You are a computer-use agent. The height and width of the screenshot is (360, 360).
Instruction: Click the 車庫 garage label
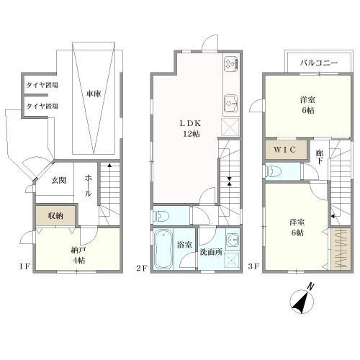tap(94, 94)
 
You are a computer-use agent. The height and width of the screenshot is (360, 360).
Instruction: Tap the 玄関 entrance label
tap(59, 180)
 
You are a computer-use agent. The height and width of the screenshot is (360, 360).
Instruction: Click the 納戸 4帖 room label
tap(78, 256)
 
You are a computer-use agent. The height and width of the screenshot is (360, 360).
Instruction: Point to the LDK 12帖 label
tap(191, 128)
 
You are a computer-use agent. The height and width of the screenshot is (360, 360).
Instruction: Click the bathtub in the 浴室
tap(163, 249)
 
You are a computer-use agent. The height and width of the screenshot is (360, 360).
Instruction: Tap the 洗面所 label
tap(211, 252)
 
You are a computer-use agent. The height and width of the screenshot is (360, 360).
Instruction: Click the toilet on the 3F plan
tap(273, 171)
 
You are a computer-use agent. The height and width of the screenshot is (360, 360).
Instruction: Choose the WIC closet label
tap(284, 150)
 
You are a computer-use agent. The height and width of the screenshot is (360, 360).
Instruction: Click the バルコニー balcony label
tap(319, 63)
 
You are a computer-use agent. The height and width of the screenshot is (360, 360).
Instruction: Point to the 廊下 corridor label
tap(319, 157)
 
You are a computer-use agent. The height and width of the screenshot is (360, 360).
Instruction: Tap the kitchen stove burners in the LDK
tap(231, 63)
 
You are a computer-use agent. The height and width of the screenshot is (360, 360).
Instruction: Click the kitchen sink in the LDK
tap(231, 103)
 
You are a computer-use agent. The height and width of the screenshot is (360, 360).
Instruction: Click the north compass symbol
tap(302, 300)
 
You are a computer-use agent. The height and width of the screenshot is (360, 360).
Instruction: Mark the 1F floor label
tap(24, 266)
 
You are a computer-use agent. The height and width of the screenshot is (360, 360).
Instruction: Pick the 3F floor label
tap(253, 266)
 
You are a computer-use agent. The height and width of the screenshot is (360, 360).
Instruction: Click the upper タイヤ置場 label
tap(42, 85)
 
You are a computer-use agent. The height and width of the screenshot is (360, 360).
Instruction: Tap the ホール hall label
tap(88, 186)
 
